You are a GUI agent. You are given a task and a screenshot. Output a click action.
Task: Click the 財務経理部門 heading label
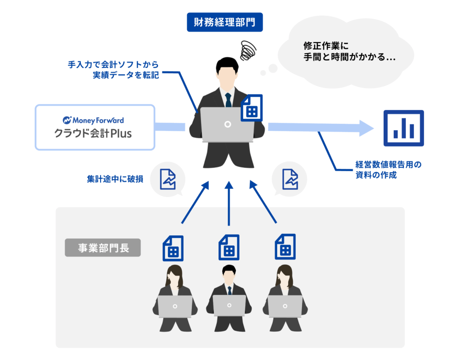pyautogui.click(x=224, y=22)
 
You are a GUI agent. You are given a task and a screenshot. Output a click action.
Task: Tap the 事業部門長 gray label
pyautogui.click(x=103, y=248)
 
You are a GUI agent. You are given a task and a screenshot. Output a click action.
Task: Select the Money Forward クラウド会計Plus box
pyautogui.click(x=95, y=127)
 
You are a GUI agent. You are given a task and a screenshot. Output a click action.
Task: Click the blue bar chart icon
pyautogui.click(x=403, y=128)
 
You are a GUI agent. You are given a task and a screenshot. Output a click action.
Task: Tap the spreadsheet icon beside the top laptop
pyautogui.click(x=252, y=108)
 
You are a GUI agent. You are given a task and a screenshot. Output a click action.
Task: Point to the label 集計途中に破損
pyautogui.click(x=115, y=179)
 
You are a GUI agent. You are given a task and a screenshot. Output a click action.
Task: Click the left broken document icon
pyautogui.click(x=168, y=179)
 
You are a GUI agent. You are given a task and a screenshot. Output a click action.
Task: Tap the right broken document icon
pyautogui.click(x=290, y=179)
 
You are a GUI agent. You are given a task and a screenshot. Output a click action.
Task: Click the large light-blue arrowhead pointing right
pyautogui.click(x=367, y=128)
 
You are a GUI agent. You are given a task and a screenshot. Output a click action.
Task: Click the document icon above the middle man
pyautogui.click(x=229, y=248)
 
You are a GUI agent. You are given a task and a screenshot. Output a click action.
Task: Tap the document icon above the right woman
pyautogui.click(x=285, y=248)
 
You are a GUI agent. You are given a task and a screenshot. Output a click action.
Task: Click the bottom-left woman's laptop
pyautogui.click(x=175, y=306)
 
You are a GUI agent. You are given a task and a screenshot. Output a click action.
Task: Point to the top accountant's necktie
pyautogui.click(x=228, y=99)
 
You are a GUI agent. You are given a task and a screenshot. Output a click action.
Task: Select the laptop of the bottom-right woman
pyautogui.click(x=285, y=306)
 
